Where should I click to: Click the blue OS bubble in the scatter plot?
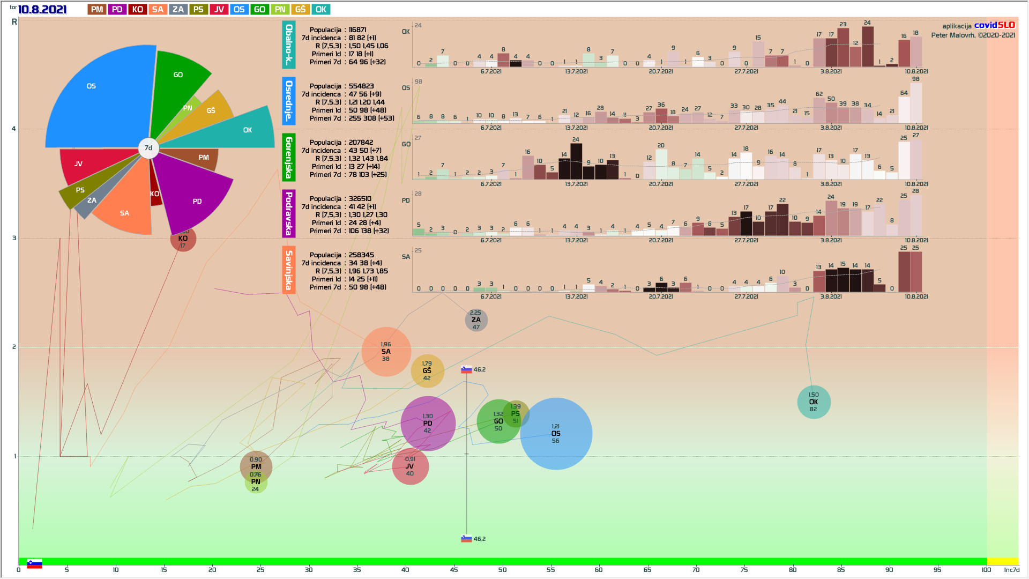coord(556,434)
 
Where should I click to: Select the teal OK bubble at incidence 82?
coord(814,402)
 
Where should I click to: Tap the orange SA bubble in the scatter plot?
coord(386,352)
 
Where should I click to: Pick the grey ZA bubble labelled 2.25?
coord(476,320)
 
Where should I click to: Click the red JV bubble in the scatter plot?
coord(410,466)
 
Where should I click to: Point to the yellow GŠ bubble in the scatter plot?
coord(427,371)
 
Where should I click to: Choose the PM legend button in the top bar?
coord(97,10)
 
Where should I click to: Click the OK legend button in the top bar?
coord(321,10)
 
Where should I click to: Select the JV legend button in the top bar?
coord(219,10)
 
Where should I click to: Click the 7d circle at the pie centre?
coord(148,149)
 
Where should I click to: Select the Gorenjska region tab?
coord(289,157)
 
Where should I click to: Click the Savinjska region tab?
coord(289,270)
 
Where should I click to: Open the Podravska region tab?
coord(289,213)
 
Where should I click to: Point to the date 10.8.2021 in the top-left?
coord(42,10)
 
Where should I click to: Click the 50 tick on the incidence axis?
coord(502,569)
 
